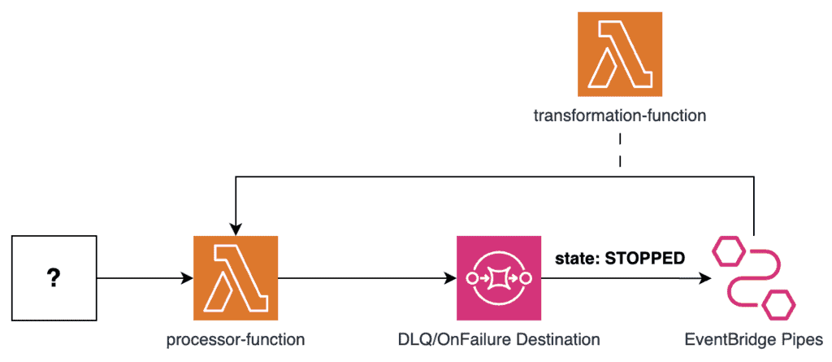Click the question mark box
coord(54,277)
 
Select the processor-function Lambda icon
coord(236,277)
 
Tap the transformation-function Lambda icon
coord(619,55)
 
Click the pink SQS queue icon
coord(499,277)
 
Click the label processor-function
coord(236,339)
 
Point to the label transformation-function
coord(619,116)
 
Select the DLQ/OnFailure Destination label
coord(499,339)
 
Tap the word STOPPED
coord(647,258)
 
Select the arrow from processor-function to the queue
coord(366,278)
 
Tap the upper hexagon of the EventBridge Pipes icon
coord(726,253)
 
